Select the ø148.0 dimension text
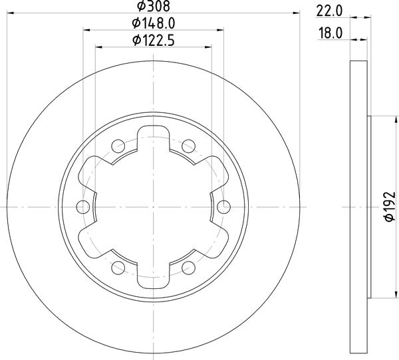pos(153,25)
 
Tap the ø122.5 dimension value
pos(153,41)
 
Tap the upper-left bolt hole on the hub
pos(118,144)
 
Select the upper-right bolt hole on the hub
pos(188,144)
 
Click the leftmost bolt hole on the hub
pos(83,205)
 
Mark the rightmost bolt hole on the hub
pos(223,205)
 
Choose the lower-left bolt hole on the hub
pos(118,267)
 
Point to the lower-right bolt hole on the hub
pos(188,267)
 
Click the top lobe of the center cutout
pos(153,141)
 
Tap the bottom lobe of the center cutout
pos(153,270)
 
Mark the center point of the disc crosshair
pos(153,205)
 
